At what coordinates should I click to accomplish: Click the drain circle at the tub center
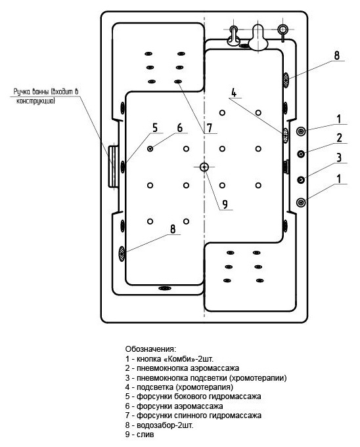click(x=204, y=167)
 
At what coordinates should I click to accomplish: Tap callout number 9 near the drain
click(x=225, y=204)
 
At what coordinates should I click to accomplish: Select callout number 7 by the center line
click(x=210, y=128)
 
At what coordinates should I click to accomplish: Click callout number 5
click(x=155, y=128)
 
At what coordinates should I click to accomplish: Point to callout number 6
click(x=180, y=128)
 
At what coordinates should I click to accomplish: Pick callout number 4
click(x=234, y=93)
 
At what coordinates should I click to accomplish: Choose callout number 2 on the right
click(x=339, y=138)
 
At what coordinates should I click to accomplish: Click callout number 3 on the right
click(x=339, y=158)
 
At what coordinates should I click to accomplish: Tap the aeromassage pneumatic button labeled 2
click(x=301, y=154)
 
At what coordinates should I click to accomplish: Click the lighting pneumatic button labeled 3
click(x=301, y=180)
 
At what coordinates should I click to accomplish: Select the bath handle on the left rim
click(x=113, y=166)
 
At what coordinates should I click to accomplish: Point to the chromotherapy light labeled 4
click(x=285, y=135)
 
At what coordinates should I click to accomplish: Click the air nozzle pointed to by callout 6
click(x=150, y=148)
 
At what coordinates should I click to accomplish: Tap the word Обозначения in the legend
click(x=151, y=349)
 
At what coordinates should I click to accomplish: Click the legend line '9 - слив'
click(x=139, y=434)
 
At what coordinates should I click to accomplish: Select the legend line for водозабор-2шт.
click(x=159, y=425)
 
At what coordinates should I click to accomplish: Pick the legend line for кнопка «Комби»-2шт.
click(x=169, y=358)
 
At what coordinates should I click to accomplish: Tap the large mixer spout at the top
click(x=258, y=37)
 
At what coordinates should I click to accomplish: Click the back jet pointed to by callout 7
click(x=177, y=81)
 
